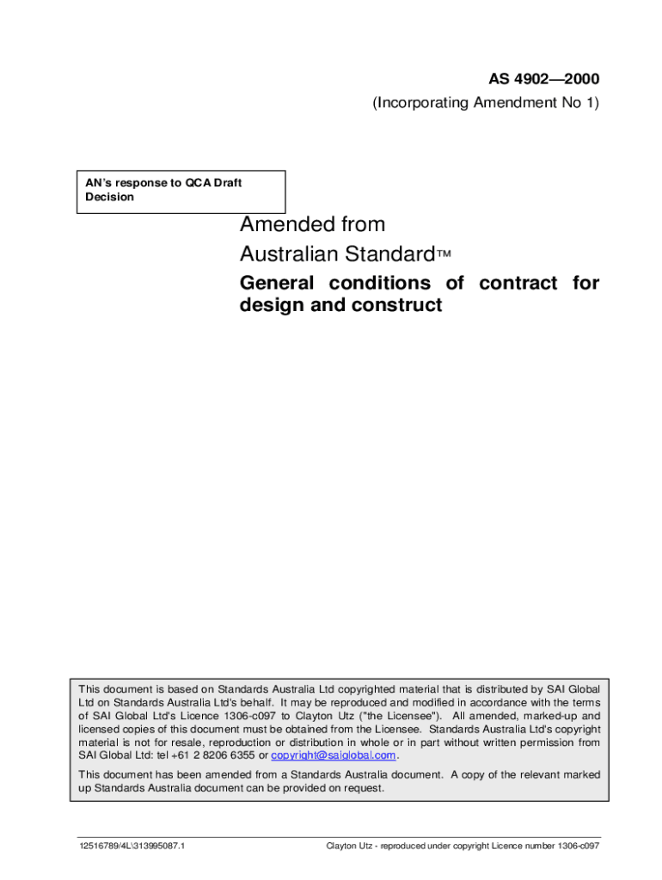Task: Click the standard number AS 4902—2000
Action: [544, 80]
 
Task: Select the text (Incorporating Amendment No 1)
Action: [486, 103]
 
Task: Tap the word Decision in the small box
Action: [108, 197]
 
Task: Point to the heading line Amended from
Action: [312, 225]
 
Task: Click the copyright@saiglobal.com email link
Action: [334, 755]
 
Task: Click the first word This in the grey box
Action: [92, 688]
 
